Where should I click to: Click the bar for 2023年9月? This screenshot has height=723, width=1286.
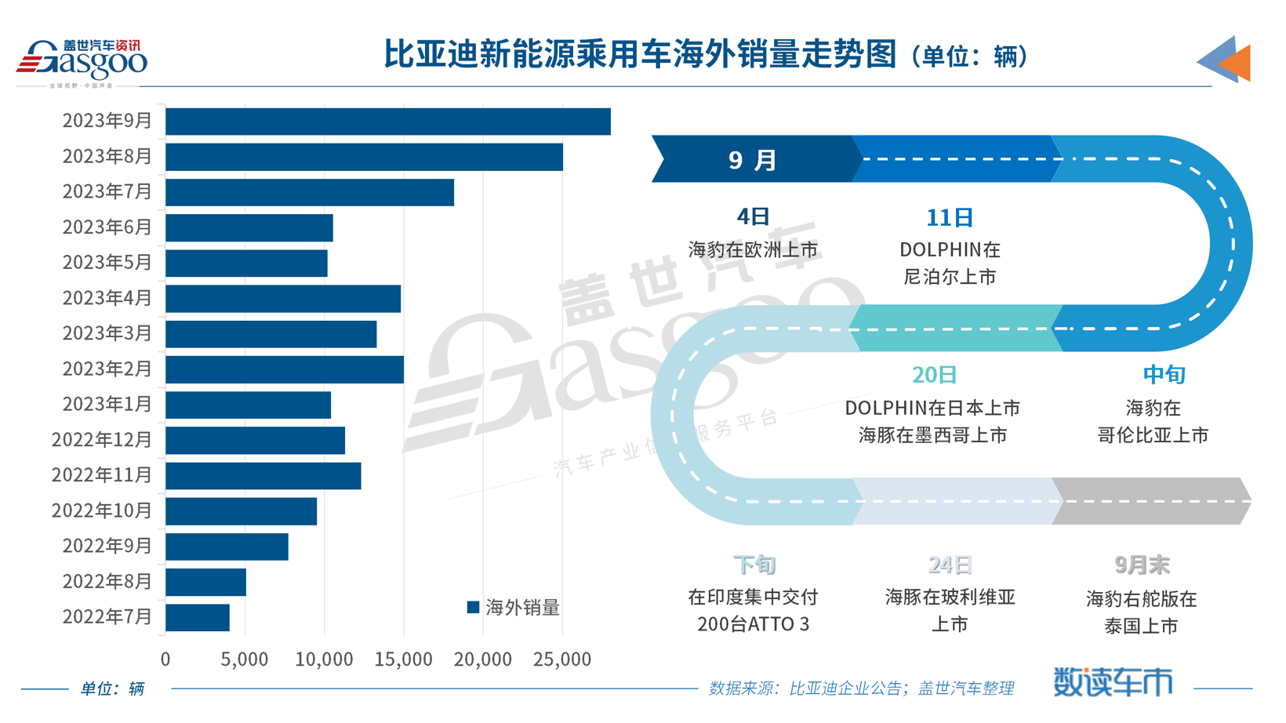387,122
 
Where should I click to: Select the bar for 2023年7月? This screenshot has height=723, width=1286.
309,193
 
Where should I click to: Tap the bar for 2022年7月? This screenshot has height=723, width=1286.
197,618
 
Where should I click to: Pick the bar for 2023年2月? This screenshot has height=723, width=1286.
284,369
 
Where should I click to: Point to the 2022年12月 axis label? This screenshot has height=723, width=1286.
101,440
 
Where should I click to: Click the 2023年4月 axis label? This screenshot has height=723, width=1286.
107,298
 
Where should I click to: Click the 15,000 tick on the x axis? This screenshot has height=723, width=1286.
403,659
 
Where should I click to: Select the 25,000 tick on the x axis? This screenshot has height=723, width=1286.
561,659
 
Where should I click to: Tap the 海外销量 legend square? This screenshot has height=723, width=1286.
473,607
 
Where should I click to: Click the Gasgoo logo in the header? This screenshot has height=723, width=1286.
82,60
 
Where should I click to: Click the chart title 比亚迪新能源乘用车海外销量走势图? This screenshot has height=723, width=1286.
639,55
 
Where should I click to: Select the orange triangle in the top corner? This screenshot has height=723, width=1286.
1237,63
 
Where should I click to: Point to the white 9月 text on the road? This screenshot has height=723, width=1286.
752,160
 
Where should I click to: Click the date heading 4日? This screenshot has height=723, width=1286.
753,216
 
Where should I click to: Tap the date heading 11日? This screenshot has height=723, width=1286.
950,217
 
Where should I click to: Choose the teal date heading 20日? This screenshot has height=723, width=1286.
934,375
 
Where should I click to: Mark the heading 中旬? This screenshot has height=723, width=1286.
1164,375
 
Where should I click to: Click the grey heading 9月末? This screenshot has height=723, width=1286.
1142,565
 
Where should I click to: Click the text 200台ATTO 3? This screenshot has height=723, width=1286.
753,625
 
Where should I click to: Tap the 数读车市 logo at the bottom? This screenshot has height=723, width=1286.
1112,682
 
